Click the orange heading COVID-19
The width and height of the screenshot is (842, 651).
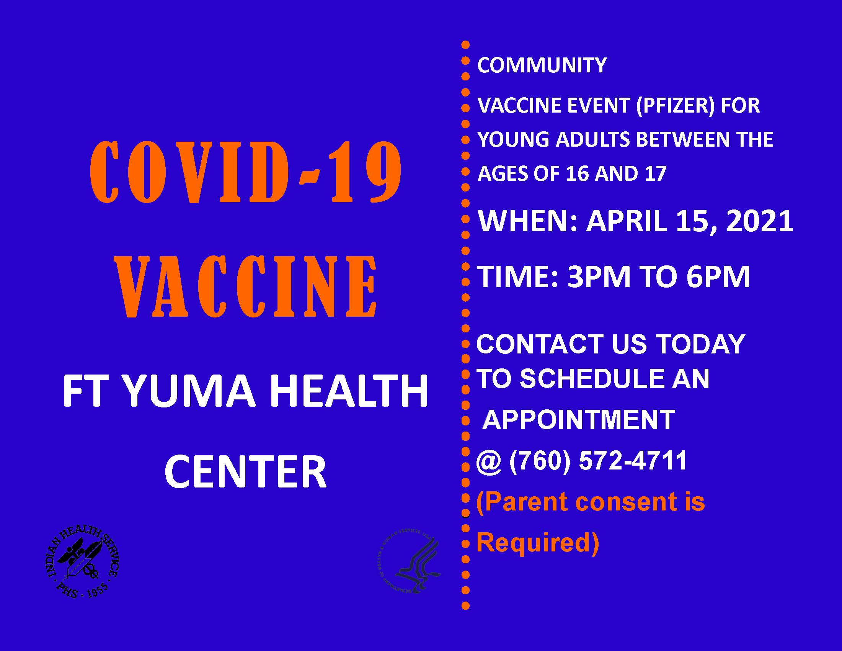click(x=246, y=172)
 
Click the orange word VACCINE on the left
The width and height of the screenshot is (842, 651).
click(x=247, y=286)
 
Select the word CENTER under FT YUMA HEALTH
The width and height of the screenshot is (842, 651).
click(x=246, y=472)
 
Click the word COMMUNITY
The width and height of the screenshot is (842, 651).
click(x=542, y=65)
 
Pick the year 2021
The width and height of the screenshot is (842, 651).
click(x=759, y=222)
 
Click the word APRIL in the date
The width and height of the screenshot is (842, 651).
click(x=627, y=222)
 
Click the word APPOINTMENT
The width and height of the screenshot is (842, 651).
click(x=579, y=419)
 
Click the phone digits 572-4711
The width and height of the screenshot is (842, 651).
click(x=633, y=460)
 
